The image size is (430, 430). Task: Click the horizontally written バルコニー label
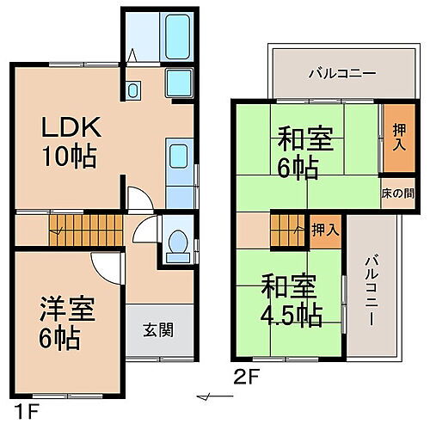(342, 73)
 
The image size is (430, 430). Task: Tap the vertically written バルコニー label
(370, 288)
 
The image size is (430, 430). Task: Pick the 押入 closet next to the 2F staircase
(323, 230)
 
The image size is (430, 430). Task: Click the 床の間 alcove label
(396, 193)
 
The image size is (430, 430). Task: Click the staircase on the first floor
(70, 228)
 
